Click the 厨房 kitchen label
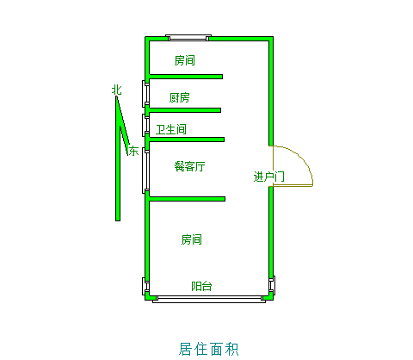coord(179,97)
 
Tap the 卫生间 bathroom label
coord(171,129)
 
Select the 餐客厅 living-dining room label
coord(189,166)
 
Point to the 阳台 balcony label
coord(201,286)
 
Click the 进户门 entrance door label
coord(268,177)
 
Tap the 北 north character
coord(116,90)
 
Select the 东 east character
coord(133,151)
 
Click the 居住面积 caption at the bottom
coord(208,349)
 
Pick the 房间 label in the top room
coord(185,60)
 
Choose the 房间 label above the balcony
coord(191,239)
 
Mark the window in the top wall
coord(188,38)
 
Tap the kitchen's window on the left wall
coord(145,94)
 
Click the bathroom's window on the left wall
coord(145,125)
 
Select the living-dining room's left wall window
coord(145,171)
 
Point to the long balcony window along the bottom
coord(209,299)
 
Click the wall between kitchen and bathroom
coord(185,110)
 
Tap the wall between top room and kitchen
coord(186,77)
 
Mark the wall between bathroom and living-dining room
coord(187,140)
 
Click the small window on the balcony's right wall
coord(272,286)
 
